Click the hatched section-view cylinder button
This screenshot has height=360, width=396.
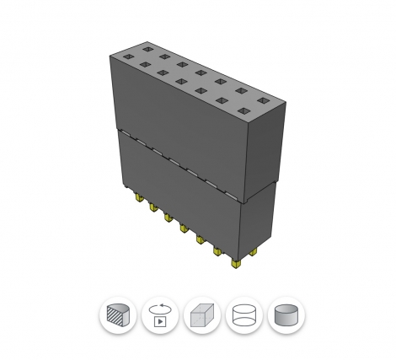117,316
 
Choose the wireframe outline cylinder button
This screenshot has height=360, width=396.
244,316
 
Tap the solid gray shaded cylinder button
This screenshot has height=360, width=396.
286,316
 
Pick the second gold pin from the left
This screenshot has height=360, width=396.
153,207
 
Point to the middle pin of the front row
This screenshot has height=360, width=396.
183,226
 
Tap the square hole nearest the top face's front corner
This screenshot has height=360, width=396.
243,111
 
